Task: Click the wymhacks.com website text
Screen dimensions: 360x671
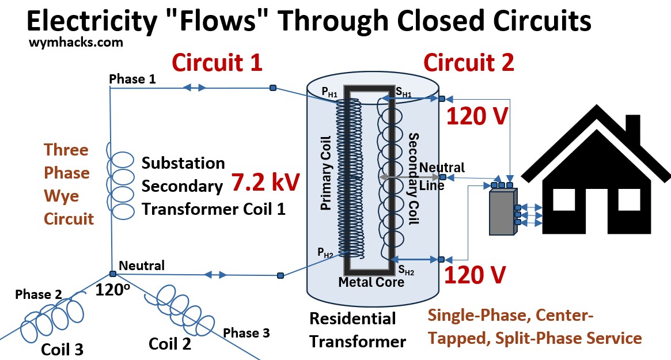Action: [75, 42]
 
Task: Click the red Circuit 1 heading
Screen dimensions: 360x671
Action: [218, 62]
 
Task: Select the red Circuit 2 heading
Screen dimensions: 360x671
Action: [469, 62]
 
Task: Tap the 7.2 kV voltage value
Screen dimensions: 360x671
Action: [266, 182]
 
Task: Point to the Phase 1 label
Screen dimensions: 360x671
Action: [132, 79]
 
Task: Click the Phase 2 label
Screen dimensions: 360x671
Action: [39, 294]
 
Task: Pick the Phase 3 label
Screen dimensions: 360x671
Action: [246, 332]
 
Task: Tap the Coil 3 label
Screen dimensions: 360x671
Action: [62, 349]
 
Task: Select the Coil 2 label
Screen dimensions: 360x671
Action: [170, 343]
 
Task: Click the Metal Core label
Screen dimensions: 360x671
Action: [371, 282]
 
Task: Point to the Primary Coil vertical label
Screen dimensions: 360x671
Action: [326, 179]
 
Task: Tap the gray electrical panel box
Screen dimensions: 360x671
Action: [501, 211]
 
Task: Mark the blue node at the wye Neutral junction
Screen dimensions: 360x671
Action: [112, 275]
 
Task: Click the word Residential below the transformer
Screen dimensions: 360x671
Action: [352, 319]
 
